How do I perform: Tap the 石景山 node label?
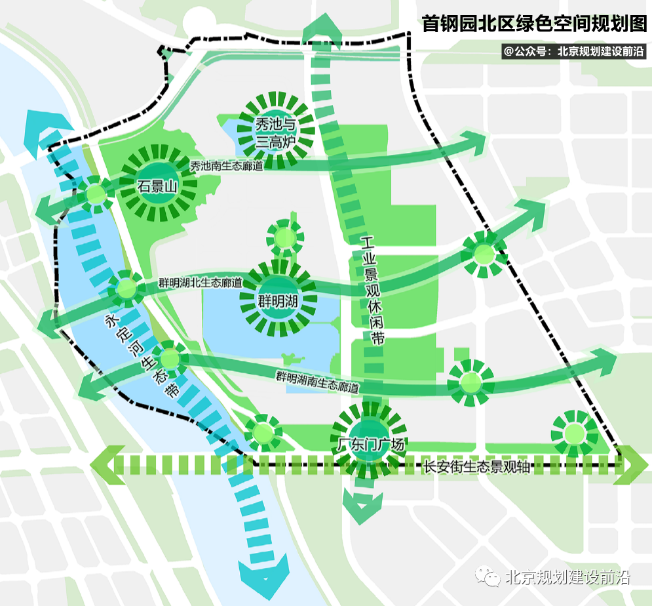158,186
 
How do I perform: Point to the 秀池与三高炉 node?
276,132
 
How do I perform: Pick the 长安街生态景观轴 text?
476,466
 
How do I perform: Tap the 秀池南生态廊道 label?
227,167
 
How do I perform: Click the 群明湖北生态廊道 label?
200,284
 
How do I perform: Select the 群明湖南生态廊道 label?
317,382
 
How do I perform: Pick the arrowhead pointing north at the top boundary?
322,30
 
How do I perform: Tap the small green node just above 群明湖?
285,237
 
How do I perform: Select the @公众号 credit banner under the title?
574,51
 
